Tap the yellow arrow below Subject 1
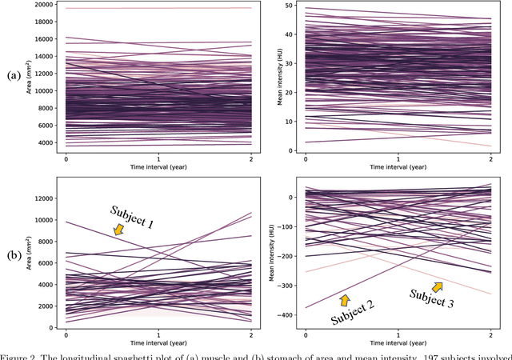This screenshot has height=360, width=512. click(119, 230)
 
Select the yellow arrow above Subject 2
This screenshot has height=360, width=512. click(346, 300)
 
